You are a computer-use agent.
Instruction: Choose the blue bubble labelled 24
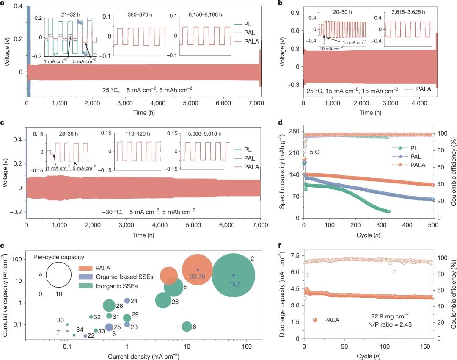coord(127,301)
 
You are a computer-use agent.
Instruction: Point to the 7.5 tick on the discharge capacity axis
coord(295,256)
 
